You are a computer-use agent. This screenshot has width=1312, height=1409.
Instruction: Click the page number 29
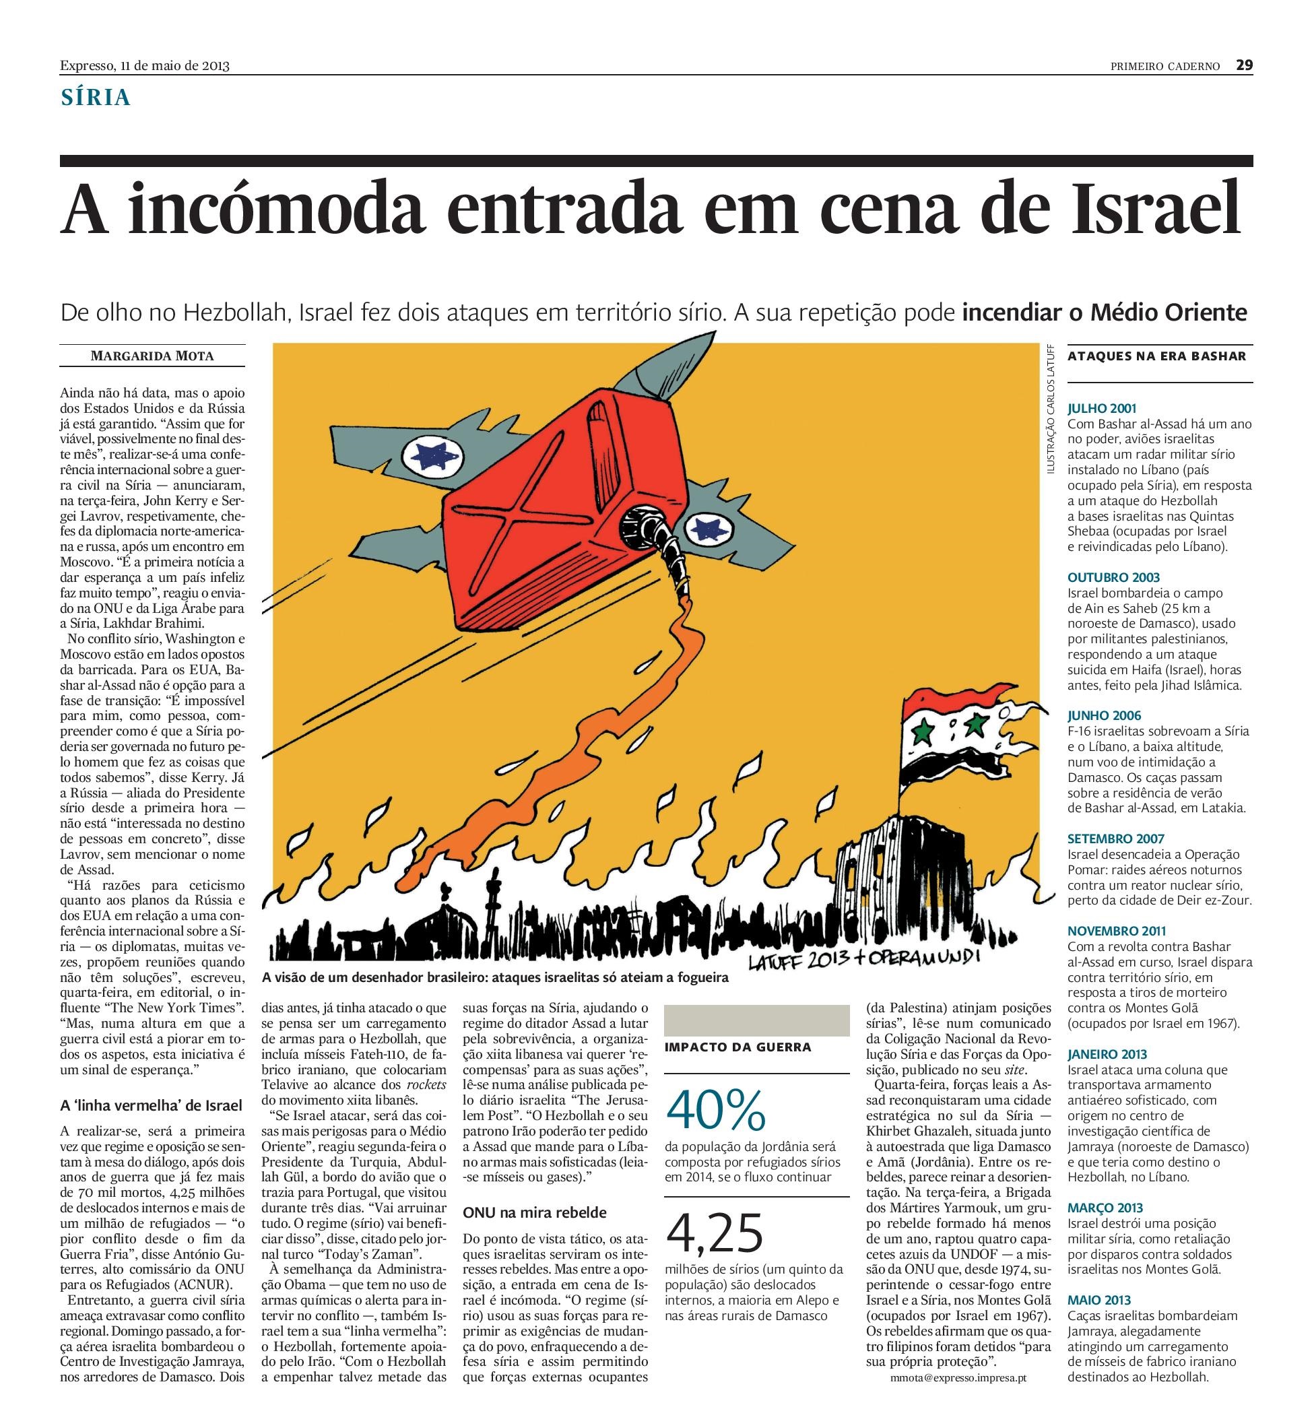[x=1244, y=65]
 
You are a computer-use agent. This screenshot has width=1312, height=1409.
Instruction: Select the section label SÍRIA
[x=96, y=98]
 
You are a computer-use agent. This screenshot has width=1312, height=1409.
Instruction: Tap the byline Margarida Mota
[x=152, y=356]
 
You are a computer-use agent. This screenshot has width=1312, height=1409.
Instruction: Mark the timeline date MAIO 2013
[x=1098, y=1301]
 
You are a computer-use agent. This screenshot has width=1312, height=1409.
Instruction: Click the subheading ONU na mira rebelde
[x=535, y=1213]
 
